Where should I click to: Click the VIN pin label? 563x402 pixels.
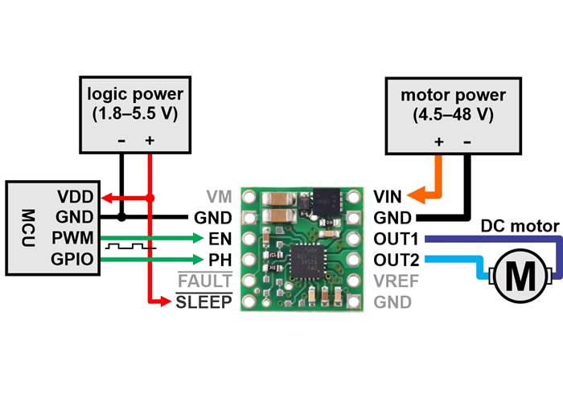tap(389, 196)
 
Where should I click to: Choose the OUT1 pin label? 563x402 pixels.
tap(395, 239)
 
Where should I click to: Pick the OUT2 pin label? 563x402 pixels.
tap(395, 260)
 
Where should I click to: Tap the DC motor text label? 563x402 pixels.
tap(519, 227)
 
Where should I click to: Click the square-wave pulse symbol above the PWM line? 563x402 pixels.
tap(127, 246)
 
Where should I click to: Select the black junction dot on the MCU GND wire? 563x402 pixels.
tap(121, 217)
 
